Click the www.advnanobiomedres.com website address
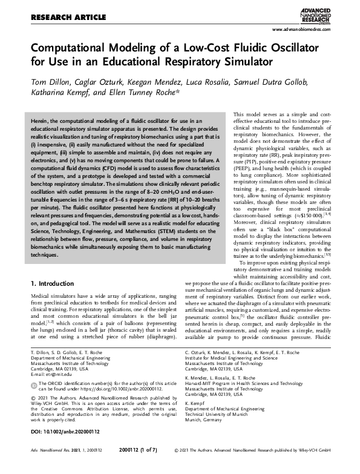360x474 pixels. [x=307, y=29]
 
